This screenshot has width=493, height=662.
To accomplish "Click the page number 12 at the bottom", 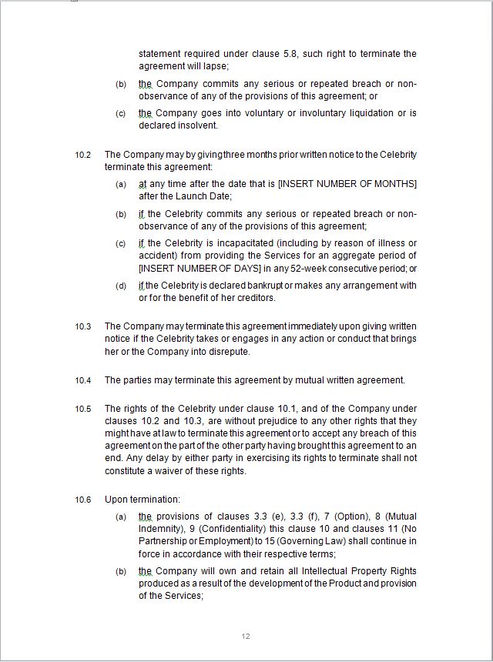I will pos(246,636).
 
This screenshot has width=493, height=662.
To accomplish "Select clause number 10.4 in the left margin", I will pos(82,380).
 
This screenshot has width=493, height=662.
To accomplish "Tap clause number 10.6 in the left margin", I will pos(82,500).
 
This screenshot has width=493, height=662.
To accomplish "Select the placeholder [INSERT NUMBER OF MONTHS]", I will pos(347,184).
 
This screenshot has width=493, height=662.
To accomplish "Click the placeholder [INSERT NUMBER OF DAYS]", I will pos(199,269).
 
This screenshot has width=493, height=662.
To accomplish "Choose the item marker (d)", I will pos(121,286).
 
